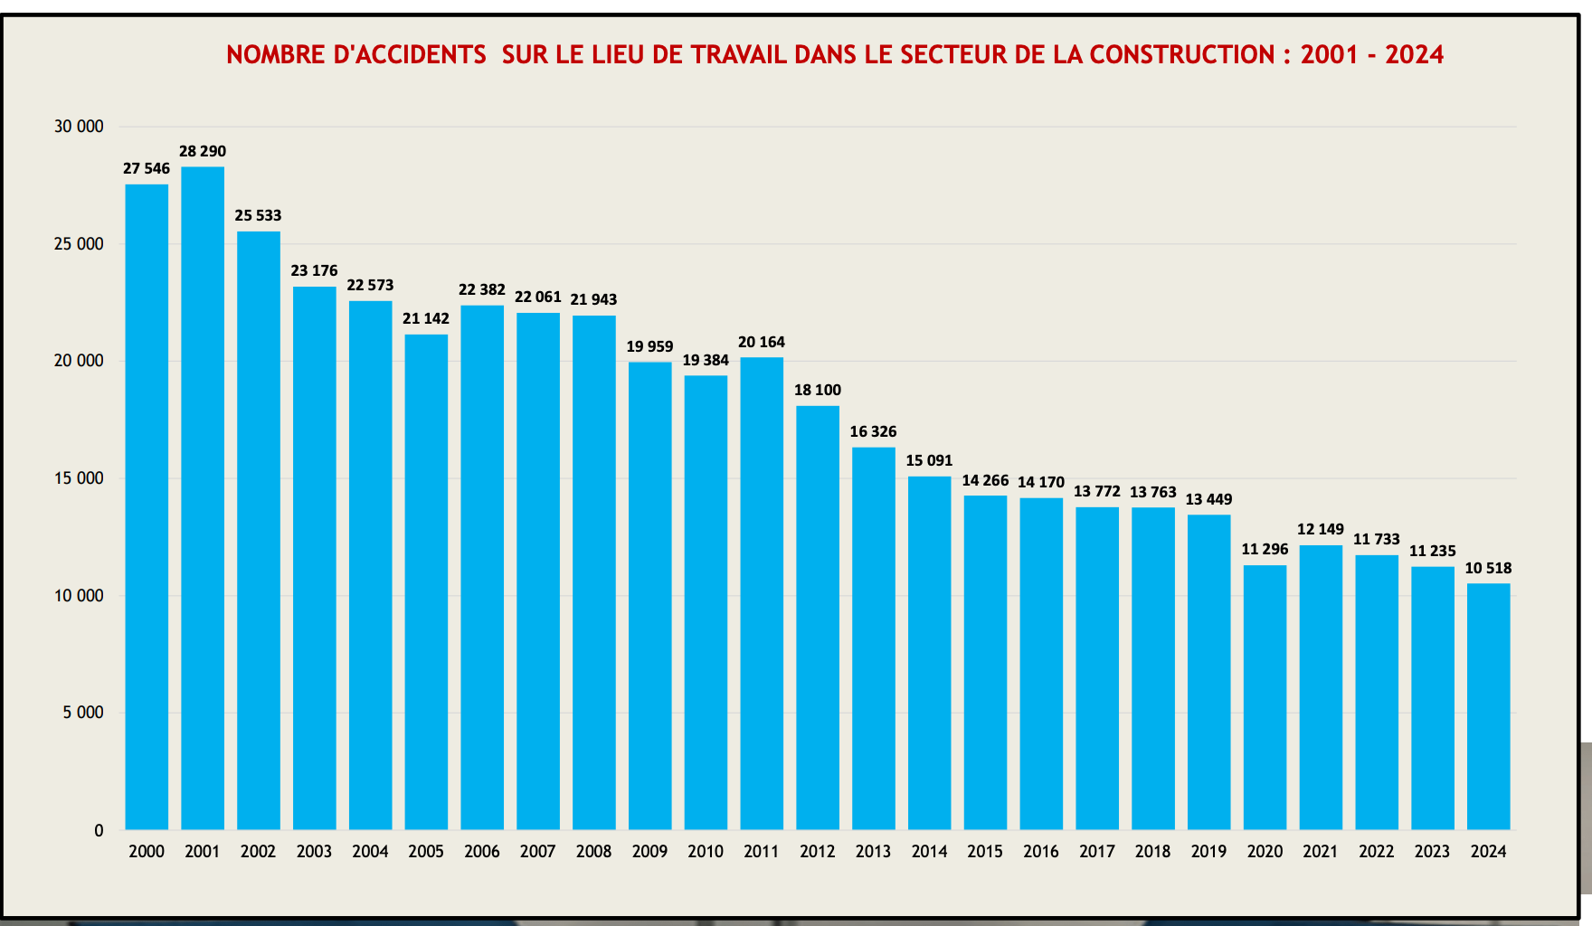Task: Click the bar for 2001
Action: pos(203,497)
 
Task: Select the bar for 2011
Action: pos(762,593)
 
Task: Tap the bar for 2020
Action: pos(1265,696)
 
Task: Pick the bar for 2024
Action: pos(1488,705)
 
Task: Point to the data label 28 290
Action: pos(203,151)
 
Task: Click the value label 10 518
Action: pos(1488,568)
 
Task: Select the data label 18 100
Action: pos(818,390)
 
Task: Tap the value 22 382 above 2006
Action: pos(482,289)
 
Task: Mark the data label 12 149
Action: pos(1321,529)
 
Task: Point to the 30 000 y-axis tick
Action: pos(79,127)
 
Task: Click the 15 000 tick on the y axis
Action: pos(79,478)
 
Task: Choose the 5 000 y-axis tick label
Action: pos(83,713)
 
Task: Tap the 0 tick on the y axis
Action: pos(99,830)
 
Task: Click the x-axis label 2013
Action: pos(873,851)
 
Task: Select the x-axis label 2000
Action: pos(147,851)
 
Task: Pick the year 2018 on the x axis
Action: pos(1152,851)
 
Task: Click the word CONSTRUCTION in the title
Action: pos(1182,54)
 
